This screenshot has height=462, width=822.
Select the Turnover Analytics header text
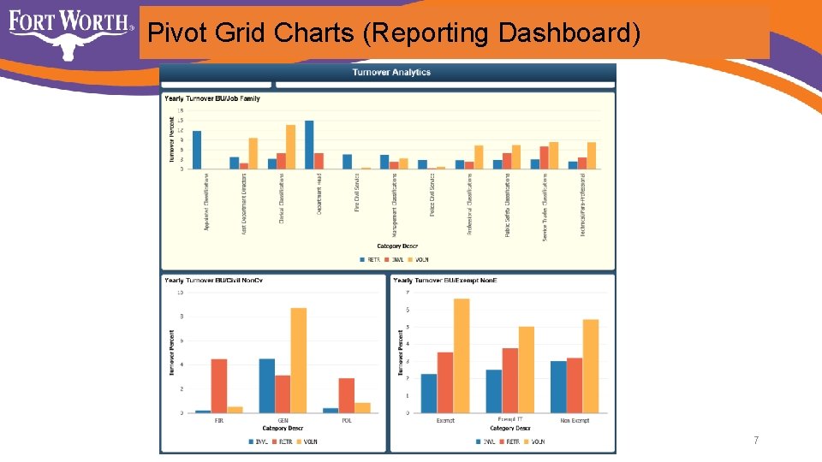(x=391, y=73)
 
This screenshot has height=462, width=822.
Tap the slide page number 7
(x=756, y=441)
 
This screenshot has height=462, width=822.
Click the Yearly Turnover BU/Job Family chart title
(x=212, y=98)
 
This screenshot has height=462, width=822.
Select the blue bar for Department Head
(x=309, y=145)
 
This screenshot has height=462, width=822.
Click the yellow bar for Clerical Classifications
(x=290, y=147)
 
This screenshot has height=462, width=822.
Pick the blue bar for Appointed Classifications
(x=197, y=150)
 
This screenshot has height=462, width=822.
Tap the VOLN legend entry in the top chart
(x=419, y=259)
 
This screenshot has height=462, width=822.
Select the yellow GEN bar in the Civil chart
(x=298, y=360)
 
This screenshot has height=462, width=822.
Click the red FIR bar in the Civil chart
(x=218, y=386)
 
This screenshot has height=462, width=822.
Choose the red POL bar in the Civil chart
(x=346, y=395)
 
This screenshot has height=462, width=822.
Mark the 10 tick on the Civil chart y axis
(x=180, y=293)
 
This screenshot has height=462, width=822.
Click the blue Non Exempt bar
(x=558, y=388)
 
